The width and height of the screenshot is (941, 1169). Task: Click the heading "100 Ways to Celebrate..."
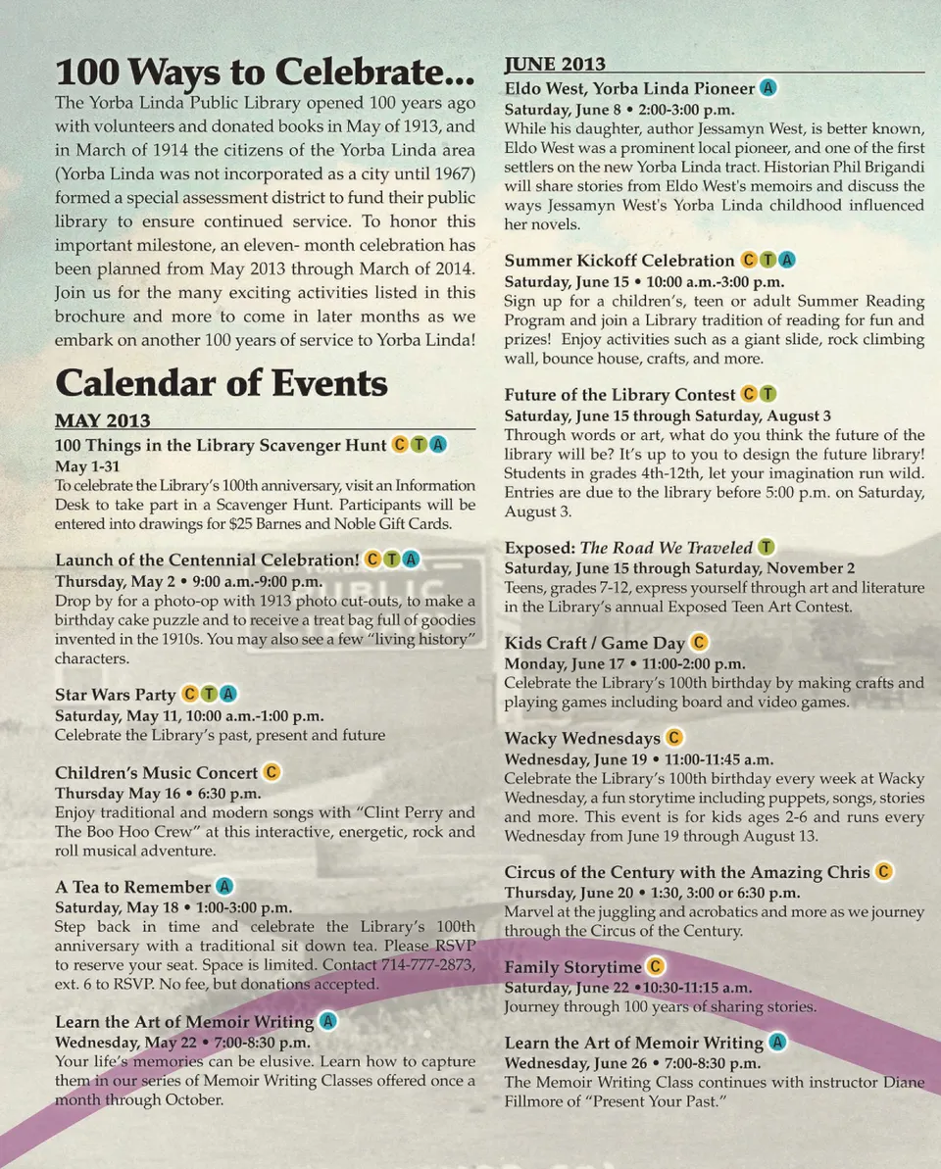click(x=265, y=73)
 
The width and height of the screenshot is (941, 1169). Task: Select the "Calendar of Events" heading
click(x=222, y=382)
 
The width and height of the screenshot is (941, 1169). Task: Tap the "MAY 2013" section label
click(x=103, y=421)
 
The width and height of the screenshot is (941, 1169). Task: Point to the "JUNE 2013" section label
click(x=555, y=65)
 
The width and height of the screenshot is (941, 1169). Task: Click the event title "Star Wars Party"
click(x=116, y=695)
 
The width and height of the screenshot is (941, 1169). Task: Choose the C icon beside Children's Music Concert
click(x=272, y=772)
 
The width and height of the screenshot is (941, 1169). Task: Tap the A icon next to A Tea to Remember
click(x=224, y=887)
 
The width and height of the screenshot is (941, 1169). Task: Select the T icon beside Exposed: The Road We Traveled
click(x=767, y=547)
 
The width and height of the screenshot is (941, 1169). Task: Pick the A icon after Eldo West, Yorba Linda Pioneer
click(x=769, y=88)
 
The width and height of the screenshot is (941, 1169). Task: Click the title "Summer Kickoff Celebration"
click(x=619, y=261)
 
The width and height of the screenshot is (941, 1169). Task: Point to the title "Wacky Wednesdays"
click(x=582, y=738)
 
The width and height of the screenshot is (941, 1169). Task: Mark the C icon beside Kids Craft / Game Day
click(x=699, y=643)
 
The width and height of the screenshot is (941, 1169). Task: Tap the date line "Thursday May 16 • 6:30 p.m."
click(x=158, y=793)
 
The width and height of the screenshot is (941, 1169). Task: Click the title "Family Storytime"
click(x=573, y=967)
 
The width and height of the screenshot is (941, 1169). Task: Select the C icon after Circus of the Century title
click(x=884, y=871)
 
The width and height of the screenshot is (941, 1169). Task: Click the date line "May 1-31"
click(x=86, y=466)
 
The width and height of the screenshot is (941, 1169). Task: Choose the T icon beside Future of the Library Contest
click(x=768, y=394)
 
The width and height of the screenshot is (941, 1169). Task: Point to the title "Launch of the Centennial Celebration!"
click(x=207, y=560)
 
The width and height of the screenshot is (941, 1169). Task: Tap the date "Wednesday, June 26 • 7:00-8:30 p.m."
click(x=632, y=1063)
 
